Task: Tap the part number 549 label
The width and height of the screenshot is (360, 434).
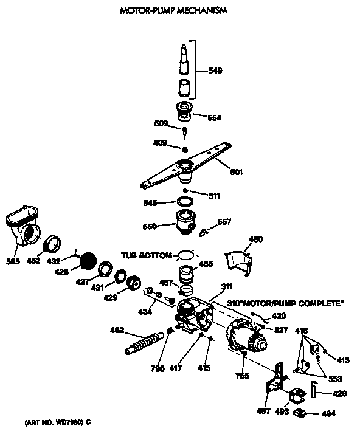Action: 215,71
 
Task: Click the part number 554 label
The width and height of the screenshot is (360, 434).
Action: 214,118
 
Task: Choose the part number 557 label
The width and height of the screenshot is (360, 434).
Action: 224,222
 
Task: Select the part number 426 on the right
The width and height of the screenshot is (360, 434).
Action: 339,393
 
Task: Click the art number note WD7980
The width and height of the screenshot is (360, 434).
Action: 58,421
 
